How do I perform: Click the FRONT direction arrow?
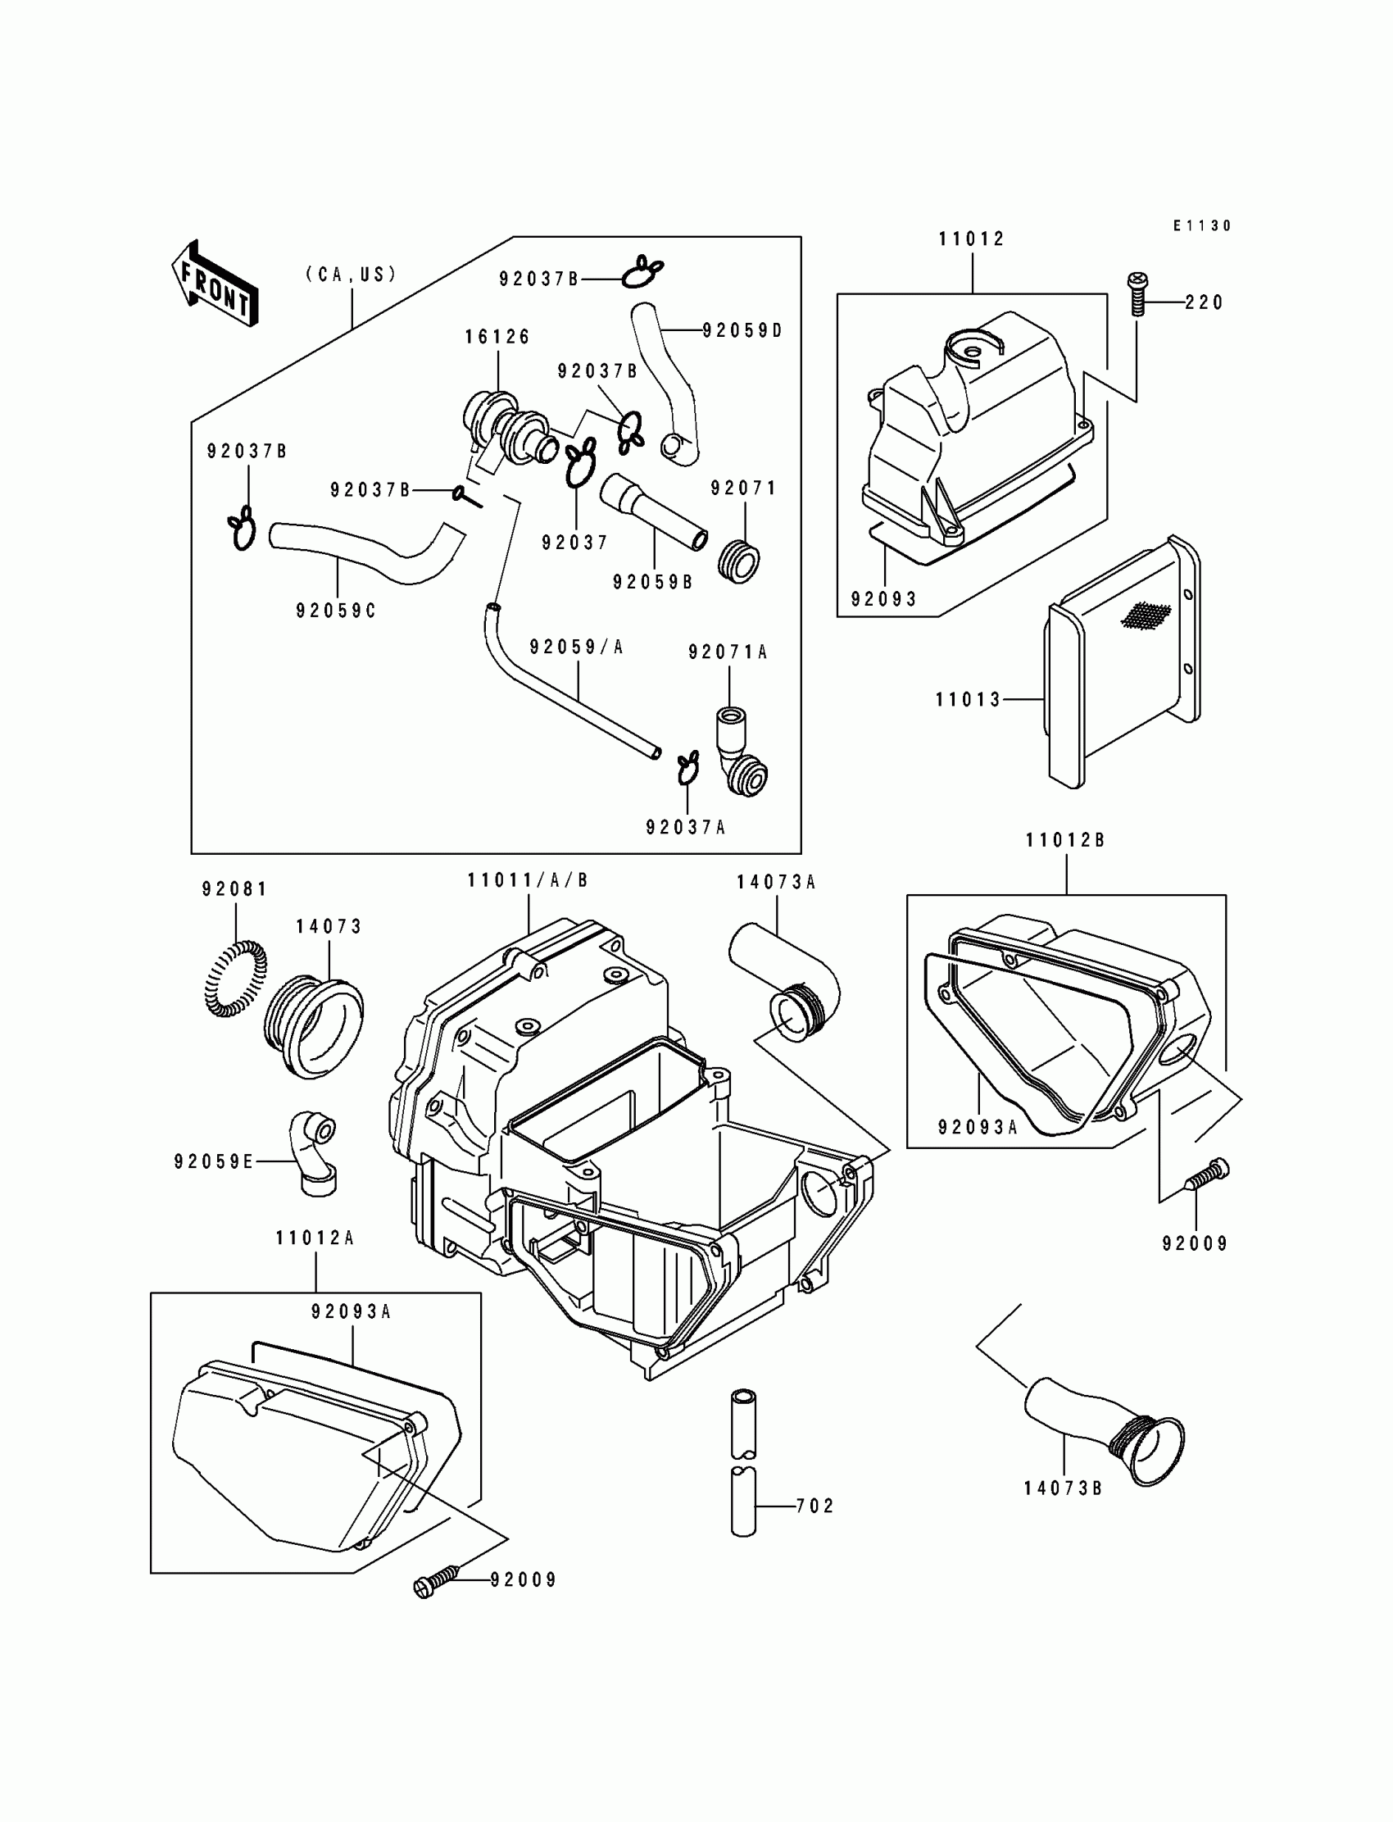(x=215, y=284)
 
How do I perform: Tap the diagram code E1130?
(x=1201, y=225)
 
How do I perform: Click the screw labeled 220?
(x=1137, y=293)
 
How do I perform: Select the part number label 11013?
(x=968, y=700)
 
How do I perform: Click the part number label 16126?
(x=497, y=337)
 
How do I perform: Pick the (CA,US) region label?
(x=352, y=275)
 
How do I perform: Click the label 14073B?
(x=1062, y=1488)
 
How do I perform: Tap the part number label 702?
(x=814, y=1505)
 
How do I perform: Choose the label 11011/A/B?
(x=528, y=880)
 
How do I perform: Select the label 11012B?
(x=1064, y=840)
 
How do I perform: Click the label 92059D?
(x=742, y=331)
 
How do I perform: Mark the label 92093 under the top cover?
(x=884, y=599)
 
